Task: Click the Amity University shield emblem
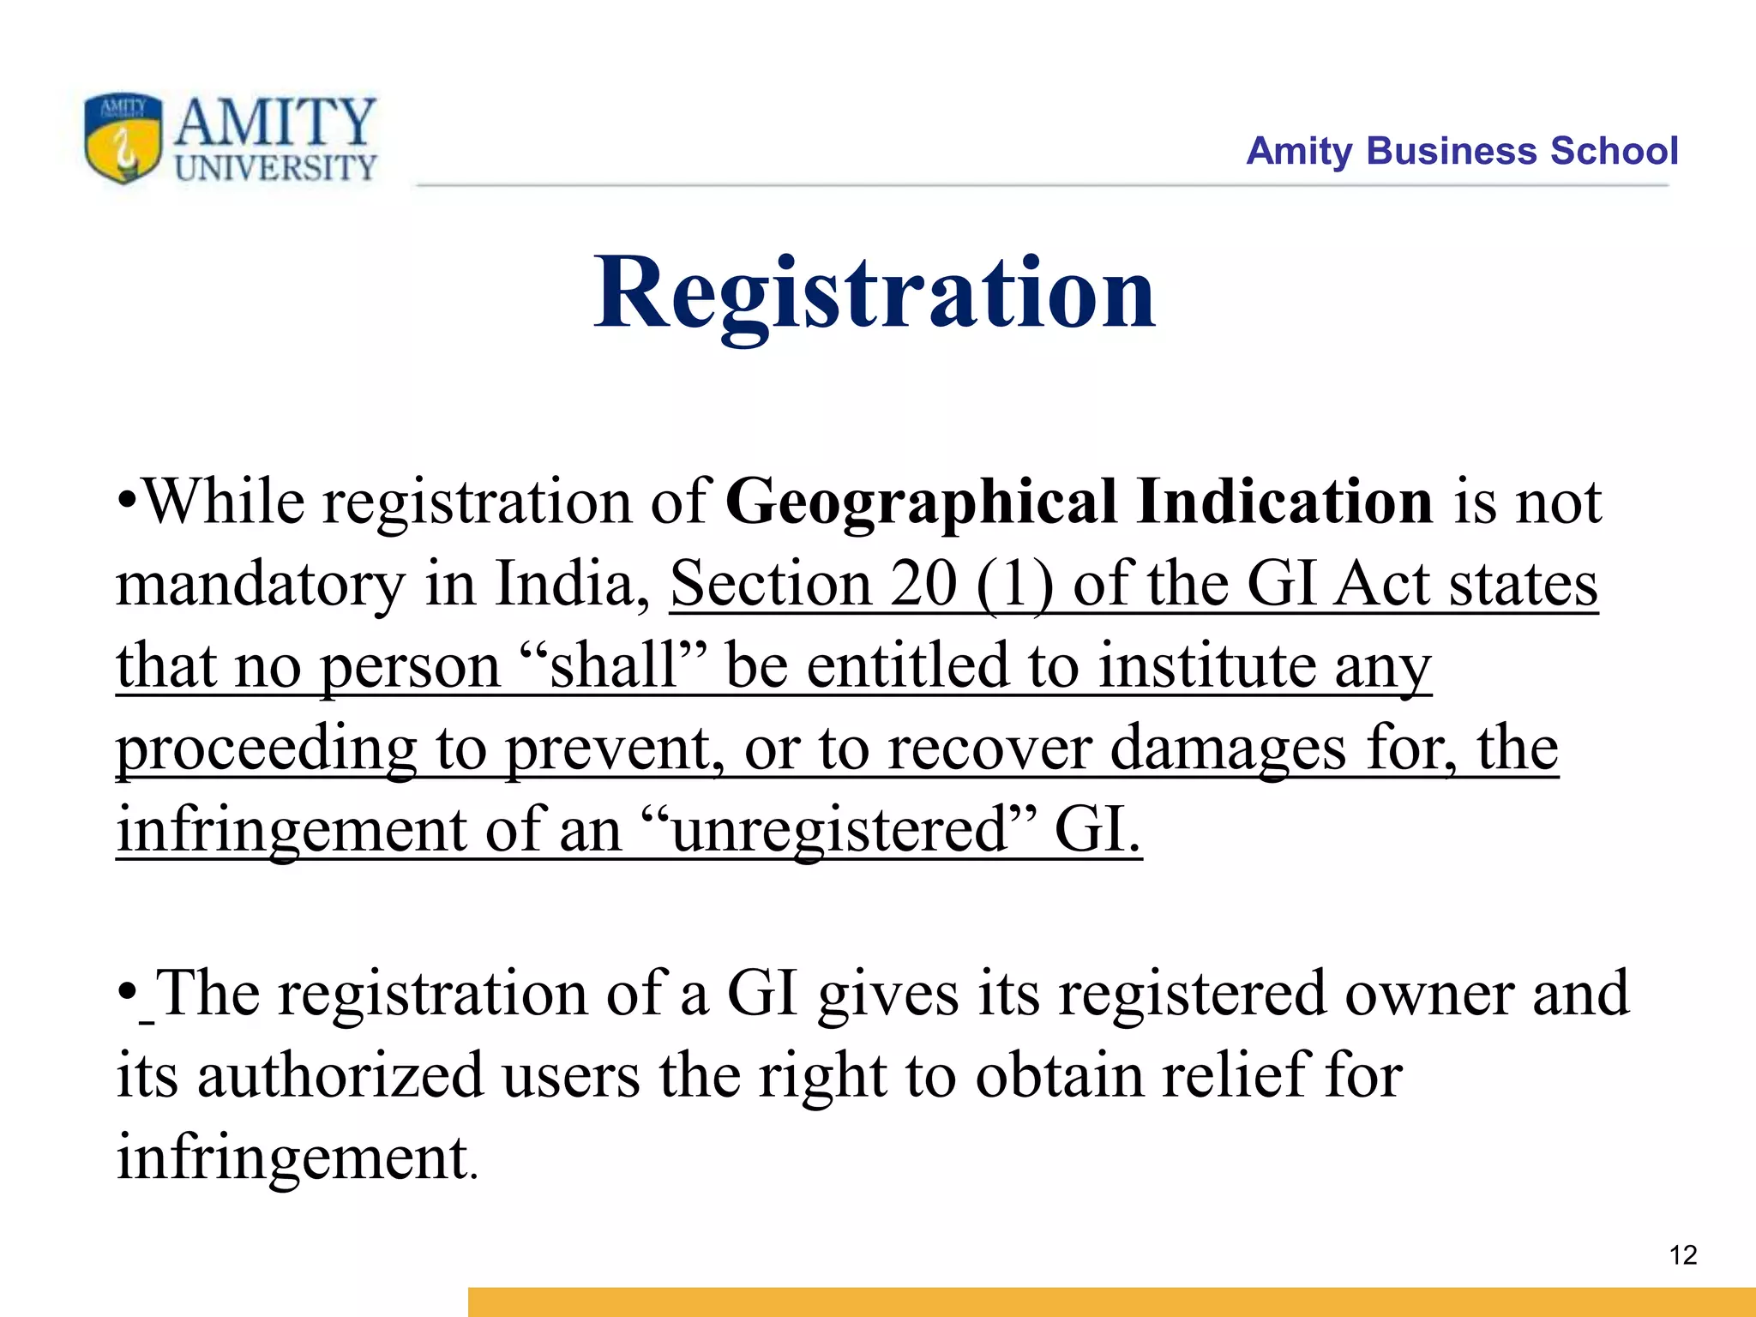coord(123,138)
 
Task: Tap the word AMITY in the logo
coord(275,121)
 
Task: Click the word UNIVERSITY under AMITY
coord(275,168)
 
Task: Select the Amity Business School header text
coord(1461,151)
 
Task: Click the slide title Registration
coord(875,293)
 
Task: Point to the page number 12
coord(1683,1255)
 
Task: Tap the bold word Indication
coord(1284,502)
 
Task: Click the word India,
coord(572,584)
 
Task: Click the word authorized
coord(340,1075)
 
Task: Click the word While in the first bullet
coord(222,502)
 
